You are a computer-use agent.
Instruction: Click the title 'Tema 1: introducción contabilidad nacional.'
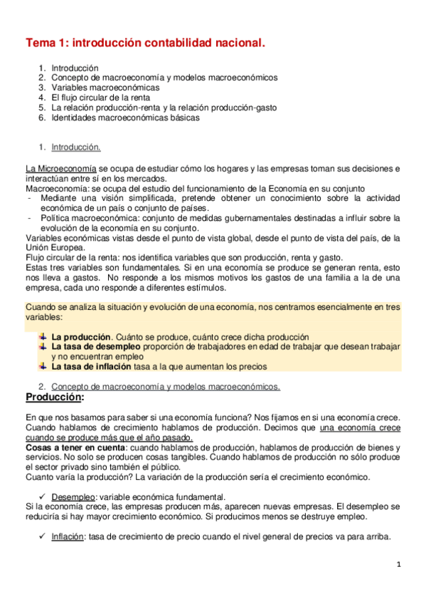(x=145, y=43)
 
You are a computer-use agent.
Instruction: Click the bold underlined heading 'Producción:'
(x=54, y=397)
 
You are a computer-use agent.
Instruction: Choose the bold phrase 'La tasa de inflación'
(x=91, y=367)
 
